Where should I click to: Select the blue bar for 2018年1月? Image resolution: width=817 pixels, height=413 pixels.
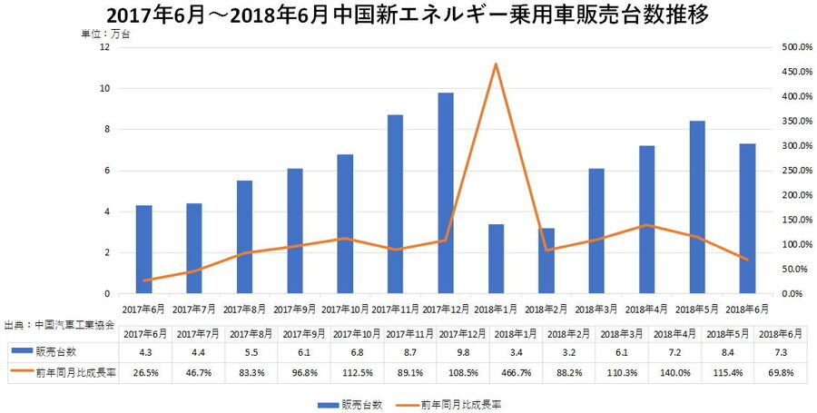click(496, 259)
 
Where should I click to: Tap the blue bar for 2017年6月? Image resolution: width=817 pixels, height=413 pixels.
click(143, 250)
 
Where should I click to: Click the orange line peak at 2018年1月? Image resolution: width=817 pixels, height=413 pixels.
click(496, 64)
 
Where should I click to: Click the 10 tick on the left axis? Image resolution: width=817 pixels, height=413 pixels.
click(105, 89)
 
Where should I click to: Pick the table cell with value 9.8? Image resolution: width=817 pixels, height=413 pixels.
click(446, 350)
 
